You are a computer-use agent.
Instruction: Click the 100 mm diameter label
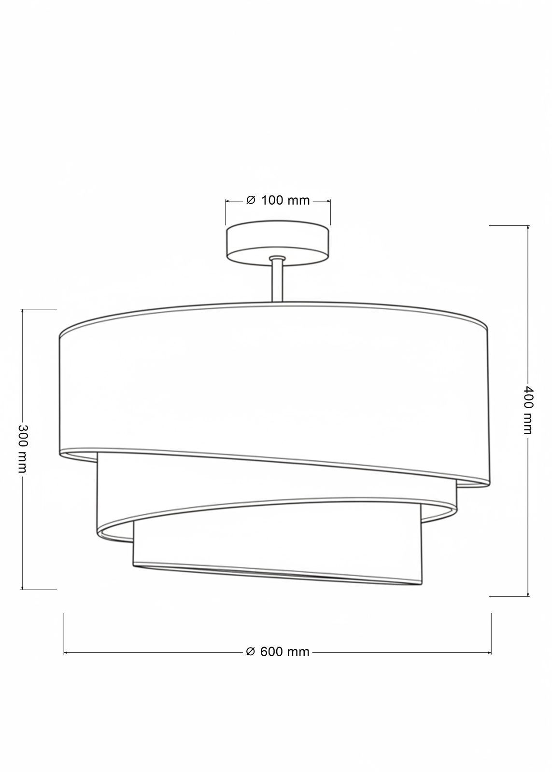point(278,200)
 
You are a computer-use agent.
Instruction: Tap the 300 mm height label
point(22,449)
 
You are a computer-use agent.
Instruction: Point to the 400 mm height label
point(528,411)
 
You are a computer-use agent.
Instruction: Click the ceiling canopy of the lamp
point(277,244)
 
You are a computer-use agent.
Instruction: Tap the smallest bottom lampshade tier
point(278,555)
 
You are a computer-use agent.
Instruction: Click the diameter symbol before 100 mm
point(251,200)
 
